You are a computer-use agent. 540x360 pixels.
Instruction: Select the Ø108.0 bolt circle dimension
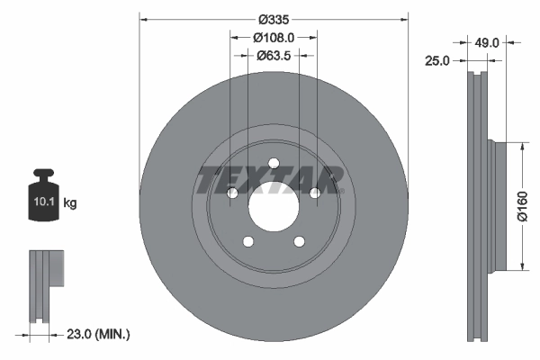pos(274,37)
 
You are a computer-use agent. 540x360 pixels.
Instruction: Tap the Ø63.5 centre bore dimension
pos(274,55)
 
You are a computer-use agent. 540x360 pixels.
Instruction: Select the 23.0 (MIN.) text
pos(98,334)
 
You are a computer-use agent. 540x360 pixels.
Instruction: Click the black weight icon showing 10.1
pos(44,199)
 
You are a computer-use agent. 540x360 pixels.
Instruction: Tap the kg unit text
pos(70,203)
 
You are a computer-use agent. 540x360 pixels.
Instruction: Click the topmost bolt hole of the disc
pos(273,163)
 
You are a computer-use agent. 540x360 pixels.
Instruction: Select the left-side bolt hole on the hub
pos(231,193)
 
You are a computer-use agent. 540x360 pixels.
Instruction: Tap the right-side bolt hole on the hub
pos(314,193)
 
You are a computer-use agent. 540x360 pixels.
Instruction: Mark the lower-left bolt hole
pos(247,241)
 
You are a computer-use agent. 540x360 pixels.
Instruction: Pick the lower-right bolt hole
pos(299,241)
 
